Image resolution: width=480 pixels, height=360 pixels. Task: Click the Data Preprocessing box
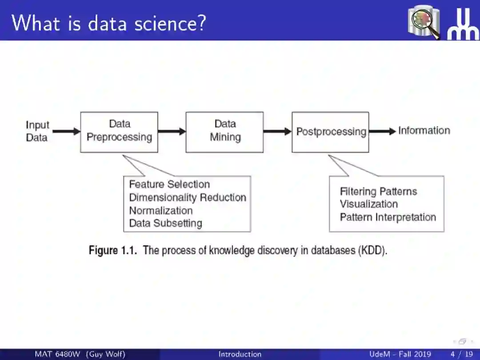click(119, 132)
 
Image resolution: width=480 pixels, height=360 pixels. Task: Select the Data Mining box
click(224, 132)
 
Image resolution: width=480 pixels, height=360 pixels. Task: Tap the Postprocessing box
click(330, 132)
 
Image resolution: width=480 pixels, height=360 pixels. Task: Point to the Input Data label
click(37, 131)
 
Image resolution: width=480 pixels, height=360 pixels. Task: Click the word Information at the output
click(424, 131)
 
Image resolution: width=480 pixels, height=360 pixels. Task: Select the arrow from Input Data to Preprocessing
click(66, 131)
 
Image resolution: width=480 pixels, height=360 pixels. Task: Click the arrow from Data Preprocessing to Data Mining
click(172, 131)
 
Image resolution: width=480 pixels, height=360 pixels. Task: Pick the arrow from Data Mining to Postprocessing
click(277, 131)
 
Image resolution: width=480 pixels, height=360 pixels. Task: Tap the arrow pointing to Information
click(382, 131)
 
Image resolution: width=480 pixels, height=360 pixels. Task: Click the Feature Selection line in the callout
click(169, 184)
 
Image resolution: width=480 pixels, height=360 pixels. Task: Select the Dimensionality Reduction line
click(188, 197)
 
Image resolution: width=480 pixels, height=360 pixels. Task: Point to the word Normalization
click(161, 210)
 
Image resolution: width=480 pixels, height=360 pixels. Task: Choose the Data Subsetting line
click(165, 223)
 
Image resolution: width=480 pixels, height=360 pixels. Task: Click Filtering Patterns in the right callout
click(378, 192)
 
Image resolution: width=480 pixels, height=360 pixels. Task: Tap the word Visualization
click(369, 204)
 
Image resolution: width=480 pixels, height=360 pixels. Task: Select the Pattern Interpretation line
click(388, 217)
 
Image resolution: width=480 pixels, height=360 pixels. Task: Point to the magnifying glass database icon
click(424, 22)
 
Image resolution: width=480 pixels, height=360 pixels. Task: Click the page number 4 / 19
click(461, 354)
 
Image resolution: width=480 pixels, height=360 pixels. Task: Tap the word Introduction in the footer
click(240, 354)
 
